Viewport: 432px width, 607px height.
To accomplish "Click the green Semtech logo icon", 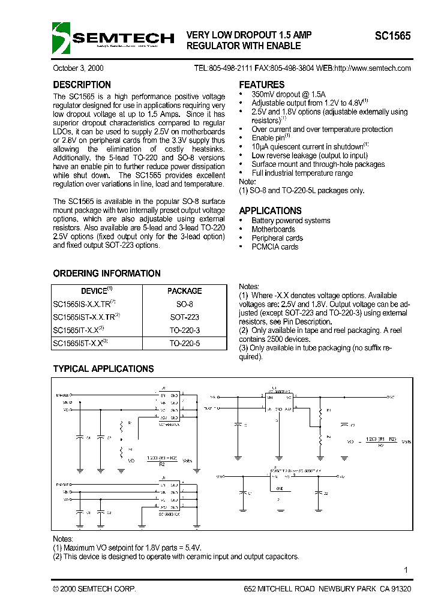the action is coord(62,38).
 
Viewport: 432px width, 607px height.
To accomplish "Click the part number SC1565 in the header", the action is coord(392,36).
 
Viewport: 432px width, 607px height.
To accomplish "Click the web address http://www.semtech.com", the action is coord(372,68).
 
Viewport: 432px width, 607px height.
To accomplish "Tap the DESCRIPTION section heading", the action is coord(82,85).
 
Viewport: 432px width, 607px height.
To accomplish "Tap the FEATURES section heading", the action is coord(262,85).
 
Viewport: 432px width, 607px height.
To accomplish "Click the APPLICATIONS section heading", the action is coord(270,211).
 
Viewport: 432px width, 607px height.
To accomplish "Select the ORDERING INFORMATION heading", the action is coord(107,274).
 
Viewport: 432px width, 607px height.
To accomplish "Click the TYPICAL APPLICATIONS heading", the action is coord(103,369).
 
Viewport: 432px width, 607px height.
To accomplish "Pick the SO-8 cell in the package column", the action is coord(185,304).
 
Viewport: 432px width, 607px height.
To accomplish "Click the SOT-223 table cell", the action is coord(185,317).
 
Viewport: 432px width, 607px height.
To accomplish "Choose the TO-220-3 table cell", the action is coord(185,330).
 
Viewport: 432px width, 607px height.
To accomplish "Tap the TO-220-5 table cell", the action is coord(185,344).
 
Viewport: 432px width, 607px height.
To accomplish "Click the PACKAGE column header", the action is coord(185,291).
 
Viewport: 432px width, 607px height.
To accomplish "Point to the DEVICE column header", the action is coord(96,291).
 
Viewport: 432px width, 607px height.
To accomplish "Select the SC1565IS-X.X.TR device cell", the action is coord(84,304).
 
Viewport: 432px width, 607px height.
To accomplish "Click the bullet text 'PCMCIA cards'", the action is coord(275,247).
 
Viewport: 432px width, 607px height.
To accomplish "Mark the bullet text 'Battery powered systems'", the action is coord(290,221).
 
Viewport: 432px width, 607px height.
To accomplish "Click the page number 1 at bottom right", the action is coord(406,570).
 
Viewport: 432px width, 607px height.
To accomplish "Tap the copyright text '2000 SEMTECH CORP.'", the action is coord(97,590).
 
